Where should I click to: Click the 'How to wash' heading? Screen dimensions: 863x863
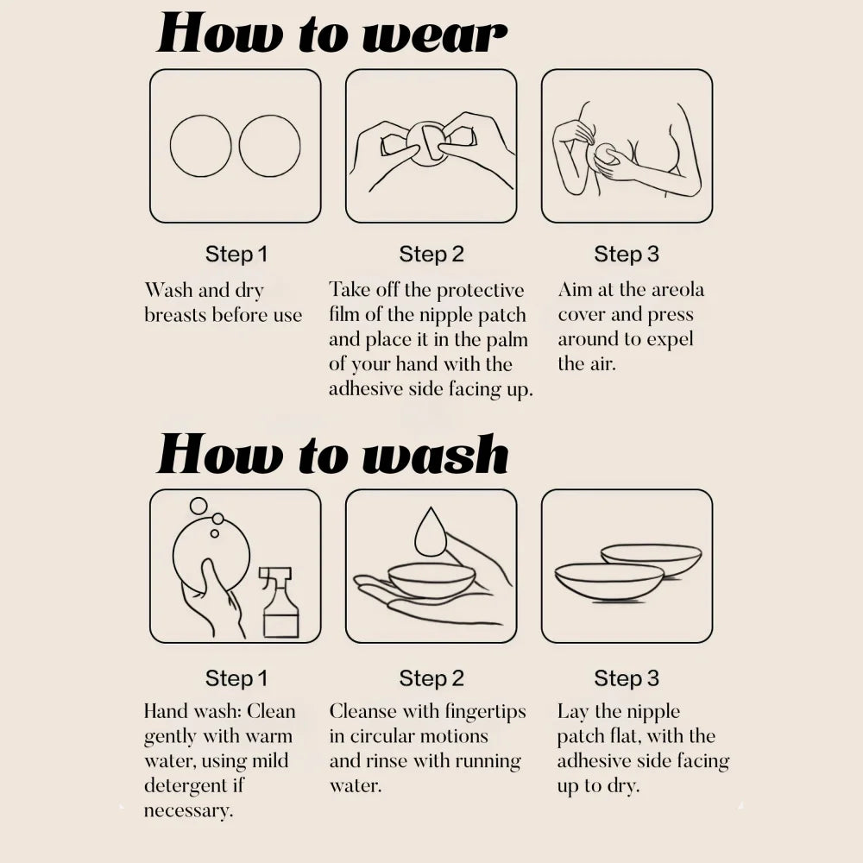point(332,454)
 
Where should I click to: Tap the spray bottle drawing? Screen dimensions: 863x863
point(280,602)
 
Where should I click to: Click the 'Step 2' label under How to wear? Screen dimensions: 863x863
point(431,255)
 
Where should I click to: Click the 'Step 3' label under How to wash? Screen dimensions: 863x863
point(627,678)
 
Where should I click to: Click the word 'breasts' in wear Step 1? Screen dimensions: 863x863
point(175,315)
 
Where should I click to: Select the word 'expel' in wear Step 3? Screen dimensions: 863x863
point(670,339)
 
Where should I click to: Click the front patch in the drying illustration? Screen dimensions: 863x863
point(609,581)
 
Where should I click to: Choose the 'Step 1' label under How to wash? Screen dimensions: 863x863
point(236,678)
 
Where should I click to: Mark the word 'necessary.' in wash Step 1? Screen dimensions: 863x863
point(188,810)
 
